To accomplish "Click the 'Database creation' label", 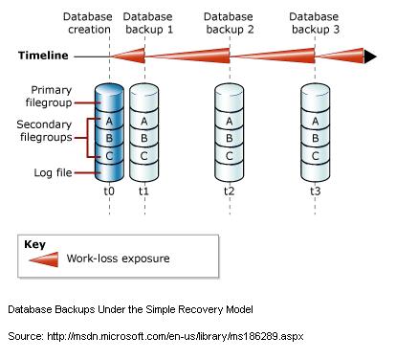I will (x=87, y=24).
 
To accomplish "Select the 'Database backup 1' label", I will (x=147, y=24).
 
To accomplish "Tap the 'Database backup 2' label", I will (x=229, y=24).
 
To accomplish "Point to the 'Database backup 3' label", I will (x=315, y=24).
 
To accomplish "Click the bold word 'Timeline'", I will (x=43, y=56).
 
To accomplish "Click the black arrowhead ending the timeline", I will (x=369, y=56).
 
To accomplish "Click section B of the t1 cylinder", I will (x=143, y=138).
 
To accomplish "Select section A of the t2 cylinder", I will (x=229, y=121).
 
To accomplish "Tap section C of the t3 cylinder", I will (x=315, y=155).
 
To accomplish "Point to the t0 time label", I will (x=108, y=191).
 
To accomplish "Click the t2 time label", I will (x=229, y=191).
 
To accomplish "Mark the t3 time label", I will (x=315, y=191).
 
